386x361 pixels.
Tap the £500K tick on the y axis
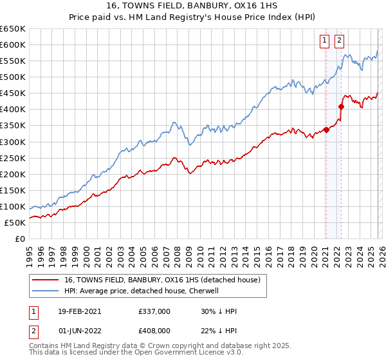(13, 77)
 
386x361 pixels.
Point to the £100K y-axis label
(13, 206)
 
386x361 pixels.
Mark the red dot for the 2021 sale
(326, 130)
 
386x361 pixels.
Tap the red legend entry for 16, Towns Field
(161, 280)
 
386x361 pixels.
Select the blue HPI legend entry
(142, 291)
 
